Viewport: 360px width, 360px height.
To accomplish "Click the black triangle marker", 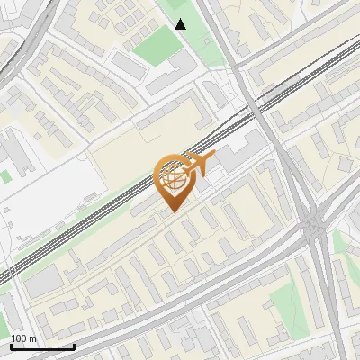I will [181, 24].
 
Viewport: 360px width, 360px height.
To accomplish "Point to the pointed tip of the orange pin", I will [172, 211].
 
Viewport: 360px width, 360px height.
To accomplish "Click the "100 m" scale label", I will [23, 338].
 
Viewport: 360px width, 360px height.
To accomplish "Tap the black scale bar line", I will [42, 346].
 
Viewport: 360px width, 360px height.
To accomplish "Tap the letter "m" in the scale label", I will [31, 338].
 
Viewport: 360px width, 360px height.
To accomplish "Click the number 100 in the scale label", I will [20, 338].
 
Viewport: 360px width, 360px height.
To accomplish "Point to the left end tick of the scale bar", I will [11, 345].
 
